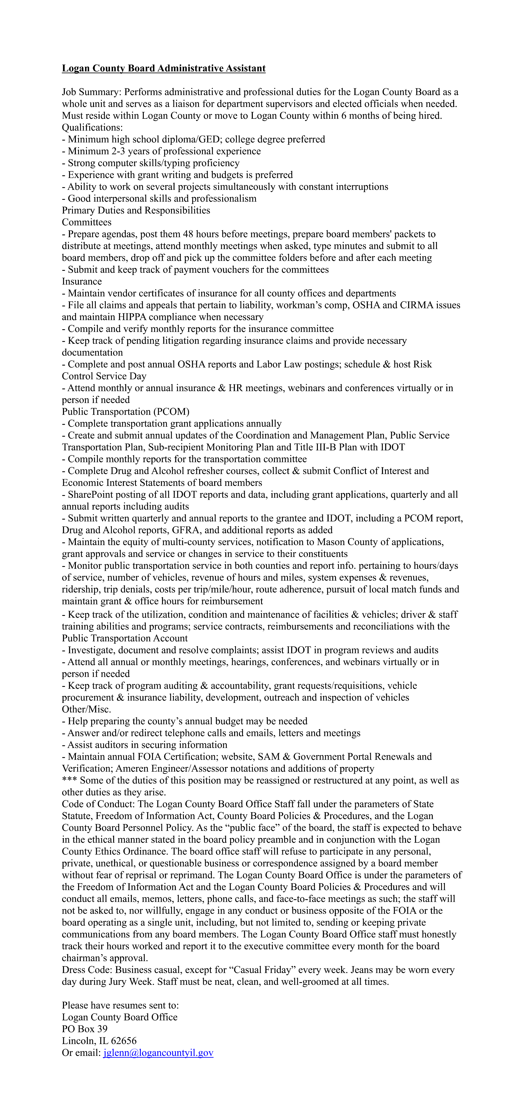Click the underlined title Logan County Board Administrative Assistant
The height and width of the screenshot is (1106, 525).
[x=164, y=68]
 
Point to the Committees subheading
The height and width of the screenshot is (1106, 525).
[x=87, y=222]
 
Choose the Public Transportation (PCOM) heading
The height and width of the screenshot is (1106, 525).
[x=125, y=412]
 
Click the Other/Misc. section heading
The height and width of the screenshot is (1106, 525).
[x=86, y=709]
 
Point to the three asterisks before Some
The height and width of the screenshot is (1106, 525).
[x=70, y=780]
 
